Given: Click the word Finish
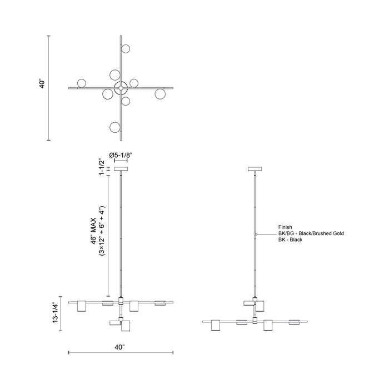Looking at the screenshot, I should (285, 227).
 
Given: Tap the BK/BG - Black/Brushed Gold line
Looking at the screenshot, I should (311, 233).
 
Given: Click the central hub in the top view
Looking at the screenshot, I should (121, 87).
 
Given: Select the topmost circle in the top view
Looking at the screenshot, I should (126, 49).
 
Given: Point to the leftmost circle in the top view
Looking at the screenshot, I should (82, 83).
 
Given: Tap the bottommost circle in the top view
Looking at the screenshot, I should (116, 127).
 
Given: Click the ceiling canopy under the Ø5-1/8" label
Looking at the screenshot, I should (121, 168).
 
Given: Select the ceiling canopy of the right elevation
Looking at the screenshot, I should (255, 168).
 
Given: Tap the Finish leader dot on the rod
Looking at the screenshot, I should (255, 236).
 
